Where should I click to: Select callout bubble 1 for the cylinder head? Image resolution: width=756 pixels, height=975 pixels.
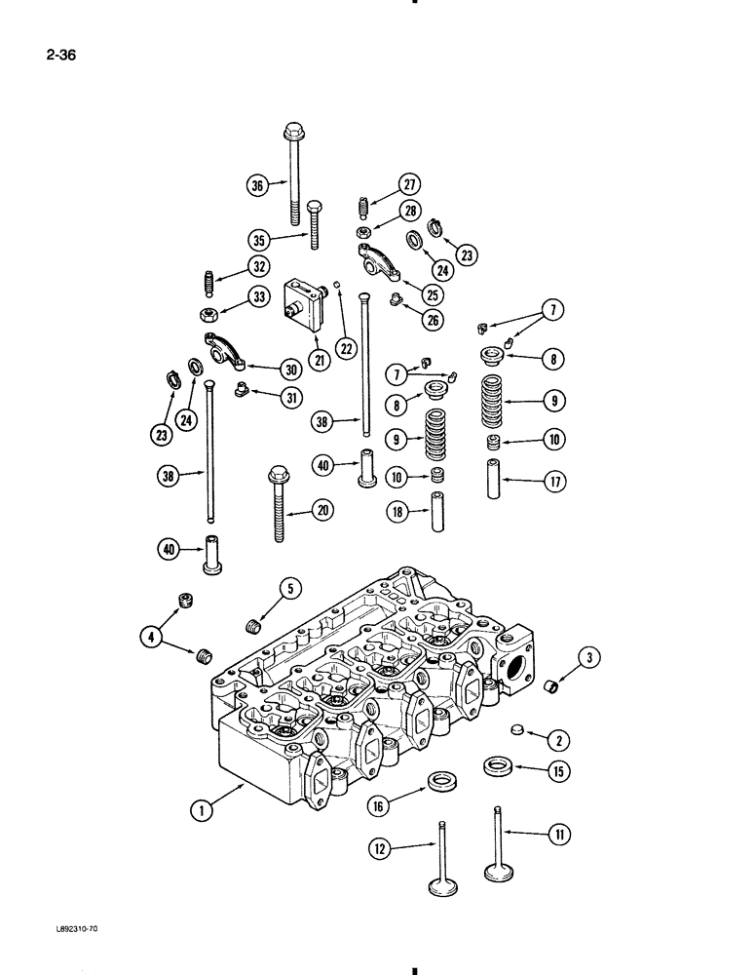pos(201,807)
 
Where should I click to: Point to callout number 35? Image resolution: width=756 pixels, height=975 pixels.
pos(258,239)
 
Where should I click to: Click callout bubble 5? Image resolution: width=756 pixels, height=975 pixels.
pos(289,588)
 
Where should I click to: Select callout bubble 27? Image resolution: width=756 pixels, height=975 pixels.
pos(407,184)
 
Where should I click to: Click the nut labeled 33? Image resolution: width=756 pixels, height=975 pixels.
pos(208,315)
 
